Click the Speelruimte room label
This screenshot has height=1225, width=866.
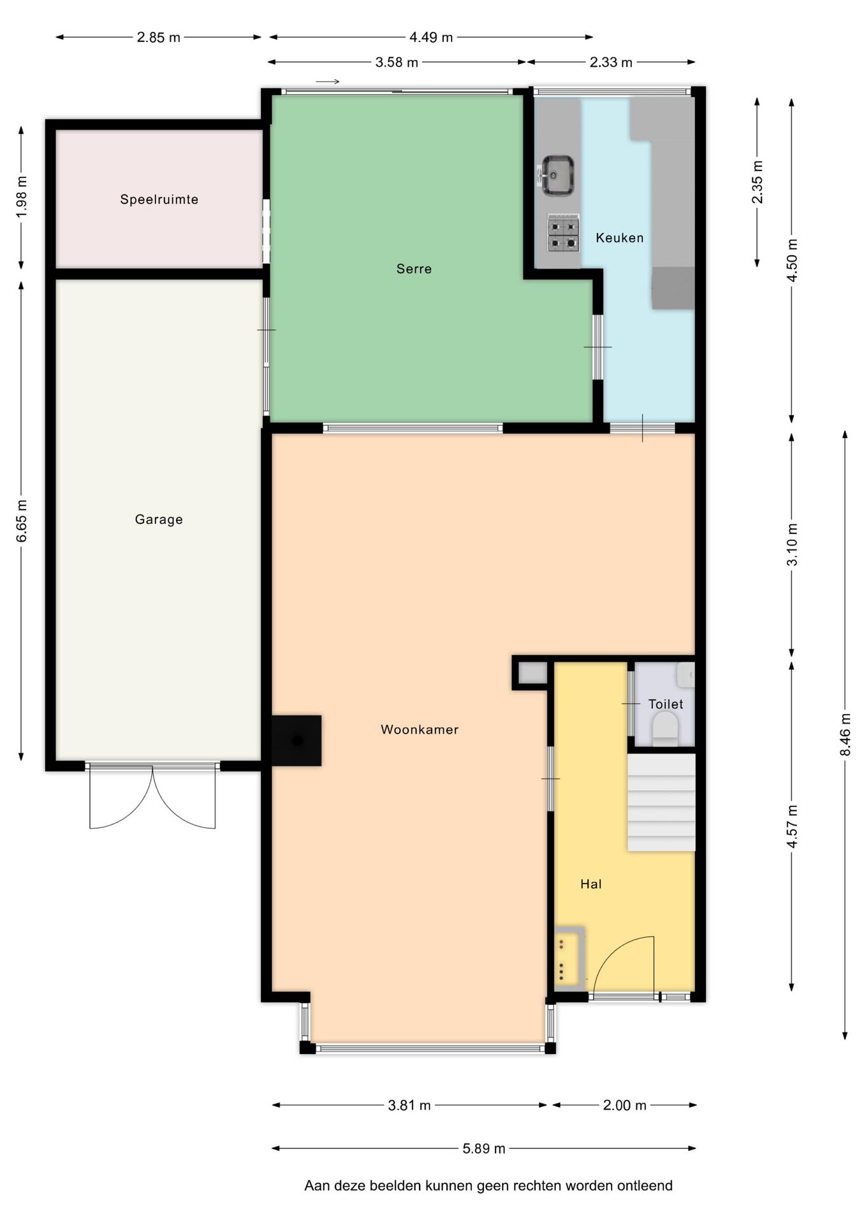[159, 200]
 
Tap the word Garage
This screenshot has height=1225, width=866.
[159, 520]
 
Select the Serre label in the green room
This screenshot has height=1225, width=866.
[415, 269]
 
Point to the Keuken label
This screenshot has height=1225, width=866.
[620, 238]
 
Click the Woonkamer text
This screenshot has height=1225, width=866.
[420, 729]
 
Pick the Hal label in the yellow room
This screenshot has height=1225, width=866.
[591, 884]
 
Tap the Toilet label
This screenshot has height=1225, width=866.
[666, 704]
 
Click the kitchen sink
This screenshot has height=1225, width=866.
[557, 175]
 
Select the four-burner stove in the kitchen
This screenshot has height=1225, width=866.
[563, 234]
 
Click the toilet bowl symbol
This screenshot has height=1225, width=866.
[665, 728]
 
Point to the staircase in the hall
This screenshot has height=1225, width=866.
[661, 802]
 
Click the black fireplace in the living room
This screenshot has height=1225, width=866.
[297, 740]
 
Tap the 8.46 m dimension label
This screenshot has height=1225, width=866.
[845, 734]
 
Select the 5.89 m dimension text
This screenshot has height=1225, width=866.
[484, 1148]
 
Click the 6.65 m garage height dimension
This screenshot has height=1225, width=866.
[21, 521]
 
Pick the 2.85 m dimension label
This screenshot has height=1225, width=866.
[159, 38]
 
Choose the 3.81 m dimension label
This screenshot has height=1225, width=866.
[409, 1105]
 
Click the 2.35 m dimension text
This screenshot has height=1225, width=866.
[757, 182]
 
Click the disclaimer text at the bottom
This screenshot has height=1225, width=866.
[488, 1185]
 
